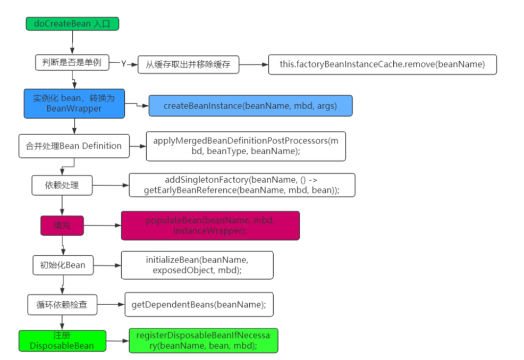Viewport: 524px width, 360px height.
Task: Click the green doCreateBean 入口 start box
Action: click(x=72, y=24)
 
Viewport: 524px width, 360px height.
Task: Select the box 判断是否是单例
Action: click(x=71, y=63)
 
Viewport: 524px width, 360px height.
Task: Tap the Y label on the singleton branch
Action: click(x=123, y=64)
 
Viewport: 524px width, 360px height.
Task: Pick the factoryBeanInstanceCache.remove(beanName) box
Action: click(x=382, y=64)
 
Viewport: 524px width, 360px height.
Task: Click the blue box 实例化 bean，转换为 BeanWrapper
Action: click(x=74, y=103)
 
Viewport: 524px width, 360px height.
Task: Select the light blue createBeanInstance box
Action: click(x=250, y=106)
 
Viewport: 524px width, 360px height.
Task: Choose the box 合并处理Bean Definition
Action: click(x=74, y=146)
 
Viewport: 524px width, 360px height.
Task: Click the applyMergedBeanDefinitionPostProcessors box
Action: click(x=246, y=146)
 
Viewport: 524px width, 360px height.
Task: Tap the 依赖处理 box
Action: click(x=63, y=186)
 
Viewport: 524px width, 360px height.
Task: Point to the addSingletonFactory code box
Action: click(x=242, y=185)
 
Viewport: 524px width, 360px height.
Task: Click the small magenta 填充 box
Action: click(x=62, y=225)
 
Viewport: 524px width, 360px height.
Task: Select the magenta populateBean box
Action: click(x=210, y=225)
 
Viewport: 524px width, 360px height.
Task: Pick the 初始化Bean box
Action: click(x=63, y=265)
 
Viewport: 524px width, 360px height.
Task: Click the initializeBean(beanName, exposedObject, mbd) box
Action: click(x=197, y=265)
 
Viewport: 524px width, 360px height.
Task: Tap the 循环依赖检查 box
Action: click(x=62, y=305)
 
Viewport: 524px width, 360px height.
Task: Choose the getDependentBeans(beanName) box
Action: click(x=199, y=305)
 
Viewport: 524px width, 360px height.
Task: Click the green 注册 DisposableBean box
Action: click(x=62, y=341)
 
